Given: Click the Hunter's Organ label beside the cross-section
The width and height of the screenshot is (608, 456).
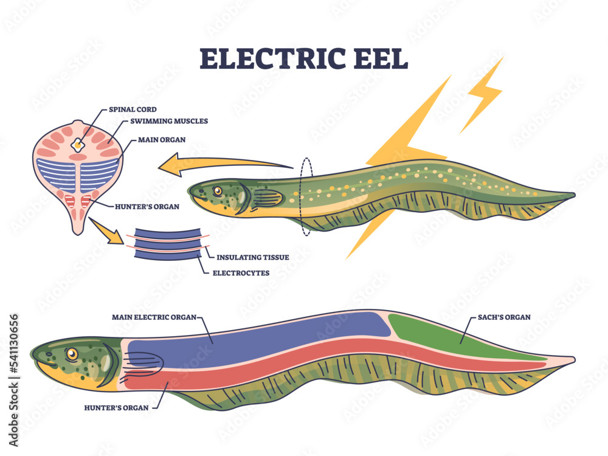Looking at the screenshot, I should (x=147, y=207).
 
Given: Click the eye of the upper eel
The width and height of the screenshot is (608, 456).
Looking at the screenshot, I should (x=217, y=192).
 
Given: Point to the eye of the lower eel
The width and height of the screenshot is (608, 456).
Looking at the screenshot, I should (x=72, y=353).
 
